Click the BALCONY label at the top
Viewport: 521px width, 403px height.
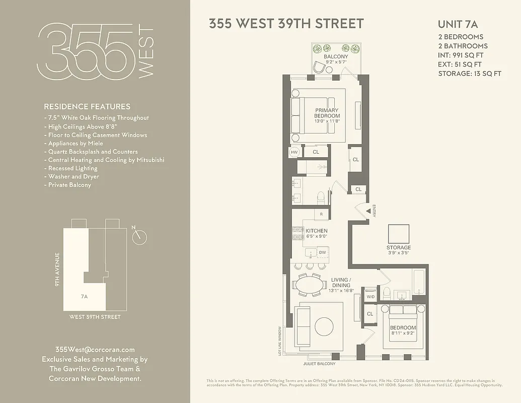coord(336,56)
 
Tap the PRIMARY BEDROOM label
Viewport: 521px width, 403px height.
coord(327,113)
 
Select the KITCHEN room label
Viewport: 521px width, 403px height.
coord(317,231)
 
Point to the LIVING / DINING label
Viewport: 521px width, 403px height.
coord(341,282)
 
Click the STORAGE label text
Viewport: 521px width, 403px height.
coord(399,247)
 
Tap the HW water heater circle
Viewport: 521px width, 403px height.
coord(295,151)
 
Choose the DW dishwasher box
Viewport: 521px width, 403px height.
coord(322,252)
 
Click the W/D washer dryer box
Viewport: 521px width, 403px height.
coord(370,296)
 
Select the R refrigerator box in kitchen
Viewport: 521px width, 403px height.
coord(321,214)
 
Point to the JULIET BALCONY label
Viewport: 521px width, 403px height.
coord(319,363)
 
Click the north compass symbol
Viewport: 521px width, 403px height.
coord(140,236)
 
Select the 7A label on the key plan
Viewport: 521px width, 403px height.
coord(84,297)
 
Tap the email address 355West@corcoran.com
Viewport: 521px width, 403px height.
coord(95,350)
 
